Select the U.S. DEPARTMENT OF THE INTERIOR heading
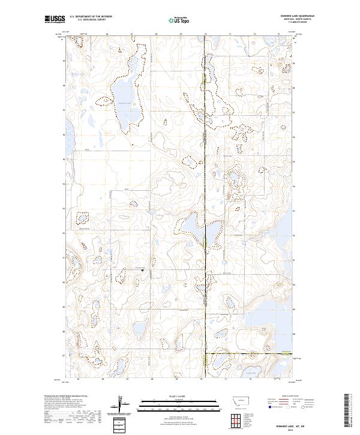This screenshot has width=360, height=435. point(91,16)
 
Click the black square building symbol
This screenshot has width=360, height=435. point(142,270)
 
